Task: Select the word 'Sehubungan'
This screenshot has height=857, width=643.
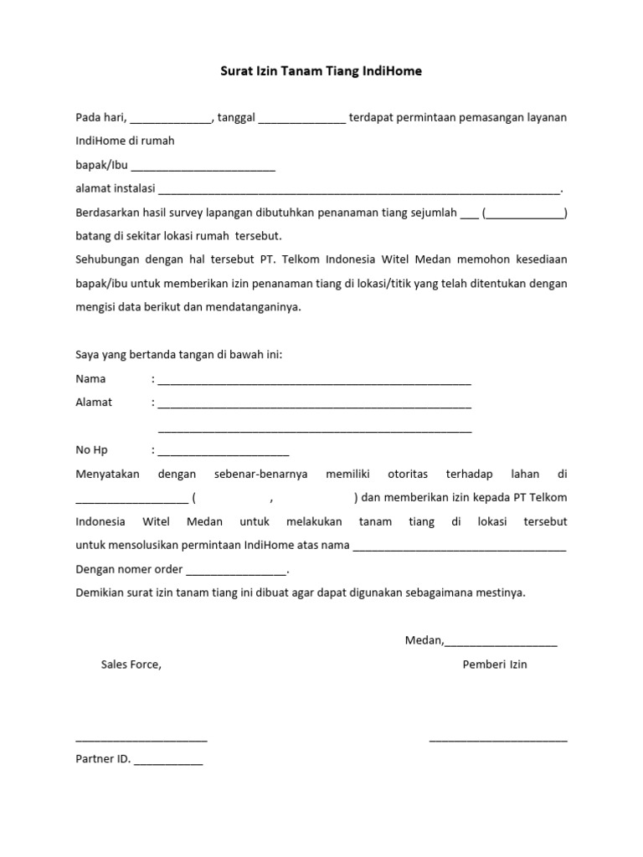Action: click(x=105, y=259)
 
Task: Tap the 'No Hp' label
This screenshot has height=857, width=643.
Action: click(x=92, y=450)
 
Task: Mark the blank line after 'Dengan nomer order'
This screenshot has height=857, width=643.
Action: click(x=235, y=572)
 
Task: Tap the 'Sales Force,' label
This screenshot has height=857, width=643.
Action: click(x=131, y=665)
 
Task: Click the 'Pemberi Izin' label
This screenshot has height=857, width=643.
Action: click(x=495, y=665)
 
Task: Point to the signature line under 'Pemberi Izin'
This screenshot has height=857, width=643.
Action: click(x=498, y=739)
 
